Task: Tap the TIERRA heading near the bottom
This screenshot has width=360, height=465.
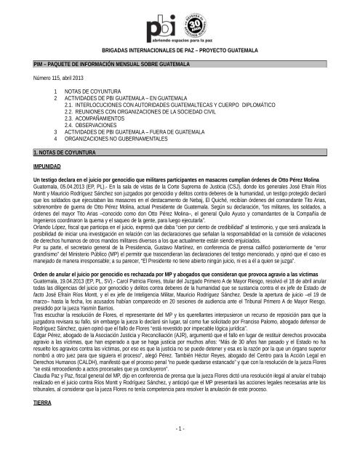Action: [x=32, y=431]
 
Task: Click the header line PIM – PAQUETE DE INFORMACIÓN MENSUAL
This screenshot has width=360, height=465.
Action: [x=106, y=65]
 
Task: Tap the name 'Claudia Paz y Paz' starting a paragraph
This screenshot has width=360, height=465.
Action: [x=47, y=397]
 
